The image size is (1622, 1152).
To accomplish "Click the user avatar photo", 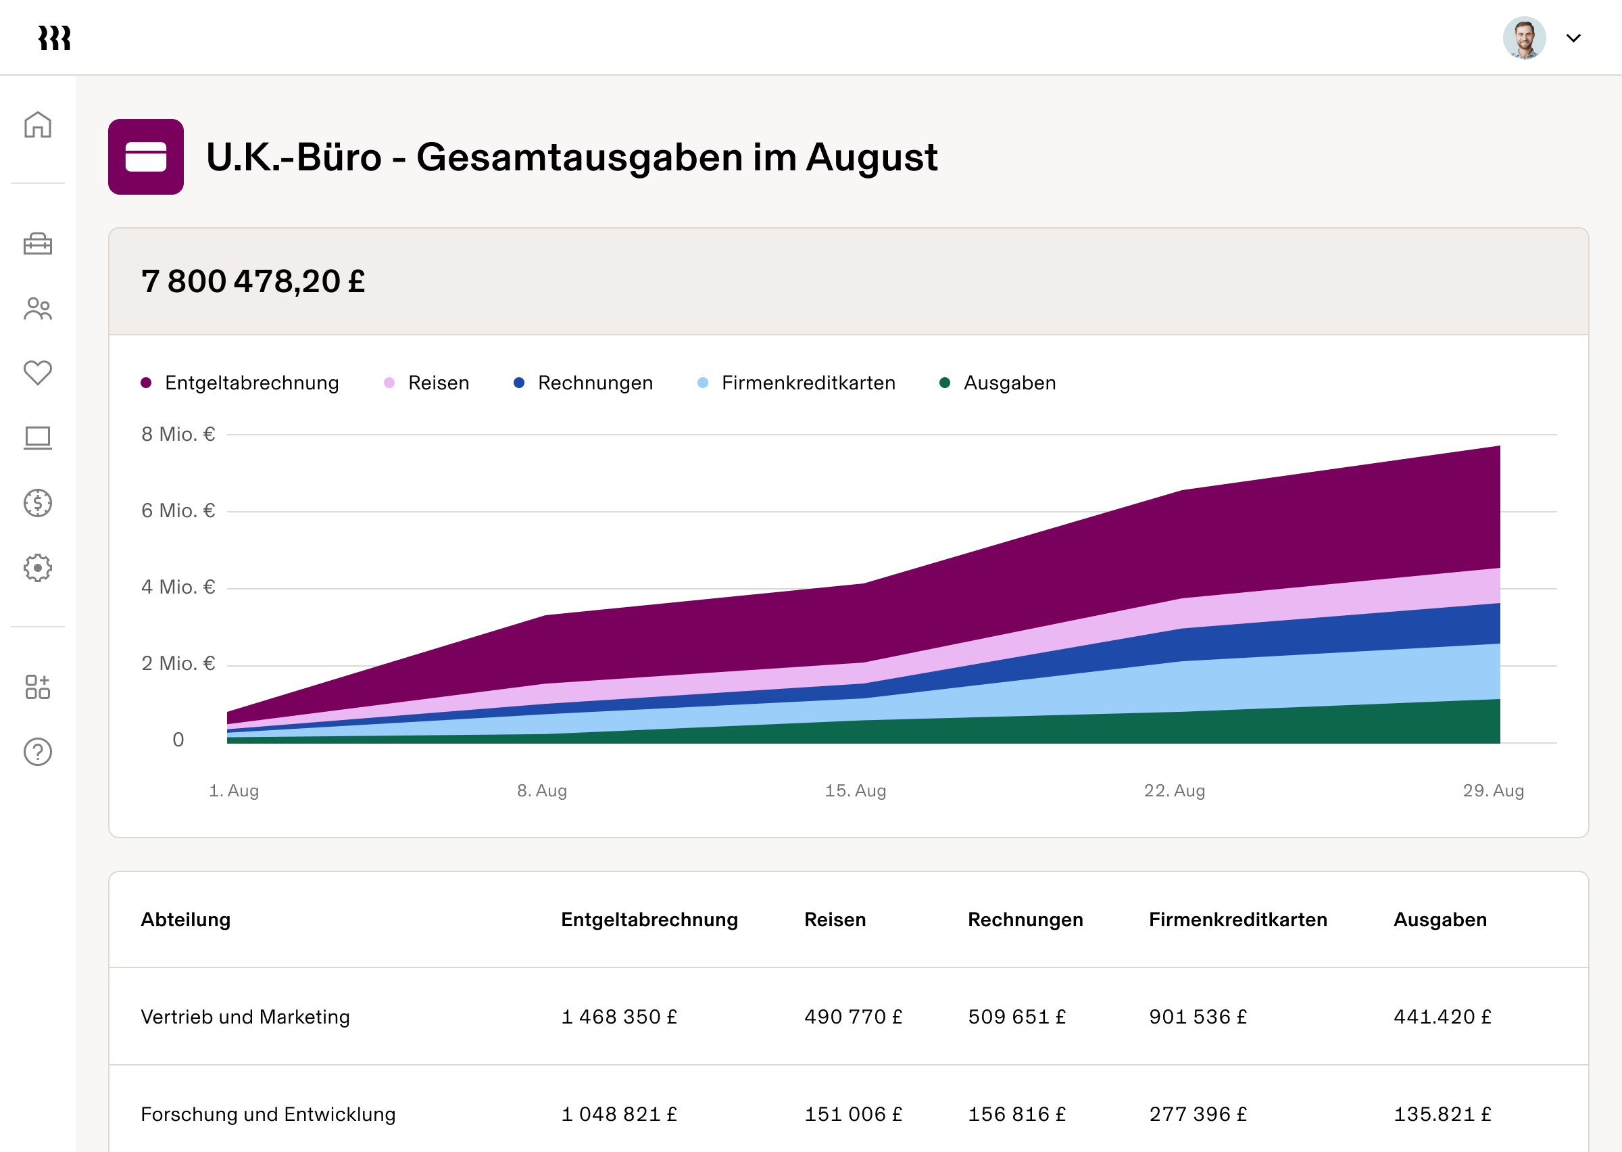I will [1523, 38].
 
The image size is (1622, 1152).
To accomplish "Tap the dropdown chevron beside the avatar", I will [1573, 39].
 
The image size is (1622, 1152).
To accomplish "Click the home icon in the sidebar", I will [38, 125].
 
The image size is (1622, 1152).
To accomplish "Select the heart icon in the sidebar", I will [38, 373].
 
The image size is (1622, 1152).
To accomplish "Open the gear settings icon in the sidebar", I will [38, 567].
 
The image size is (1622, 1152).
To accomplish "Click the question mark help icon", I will [38, 752].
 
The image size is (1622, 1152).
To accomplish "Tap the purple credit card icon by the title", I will [146, 157].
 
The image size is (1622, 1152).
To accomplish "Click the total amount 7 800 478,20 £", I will [253, 282].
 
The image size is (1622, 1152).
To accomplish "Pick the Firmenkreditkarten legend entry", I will [797, 383].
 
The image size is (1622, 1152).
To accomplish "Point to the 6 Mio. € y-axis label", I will [178, 510].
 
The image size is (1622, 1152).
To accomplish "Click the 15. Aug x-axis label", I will [855, 790].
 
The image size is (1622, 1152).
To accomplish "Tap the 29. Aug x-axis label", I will [1493, 790].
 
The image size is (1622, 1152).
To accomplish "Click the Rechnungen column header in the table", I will [1025, 919].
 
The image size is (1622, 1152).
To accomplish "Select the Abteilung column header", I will [186, 919].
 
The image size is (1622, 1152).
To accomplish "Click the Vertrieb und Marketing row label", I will [245, 1017].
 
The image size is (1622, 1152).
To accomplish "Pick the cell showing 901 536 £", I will [1198, 1017].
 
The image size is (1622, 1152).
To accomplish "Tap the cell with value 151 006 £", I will [853, 1113].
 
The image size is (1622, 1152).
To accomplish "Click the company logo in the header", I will [55, 39].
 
